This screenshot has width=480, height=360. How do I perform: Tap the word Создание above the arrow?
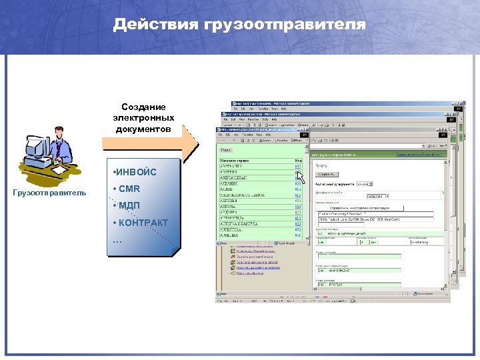pos(143,107)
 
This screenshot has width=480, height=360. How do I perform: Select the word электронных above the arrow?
pos(143,117)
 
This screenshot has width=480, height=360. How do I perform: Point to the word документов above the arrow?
pos(143,128)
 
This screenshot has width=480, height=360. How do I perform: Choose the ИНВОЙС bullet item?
pos(137,173)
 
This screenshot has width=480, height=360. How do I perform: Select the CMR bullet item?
pos(129,189)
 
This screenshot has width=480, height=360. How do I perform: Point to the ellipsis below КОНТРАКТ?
pos(118,239)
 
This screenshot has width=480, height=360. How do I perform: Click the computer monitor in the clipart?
pos(38,148)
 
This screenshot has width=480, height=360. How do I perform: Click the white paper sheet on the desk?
pos(59,170)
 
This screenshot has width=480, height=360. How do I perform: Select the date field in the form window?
pos(376,197)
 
